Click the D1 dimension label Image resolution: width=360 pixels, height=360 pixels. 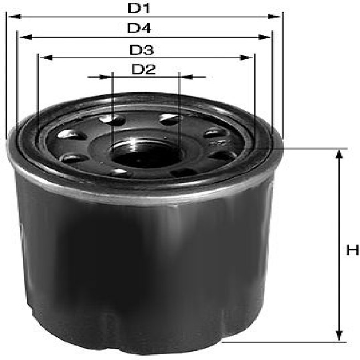coord(139,8)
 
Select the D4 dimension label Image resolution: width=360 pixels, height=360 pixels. coord(140,28)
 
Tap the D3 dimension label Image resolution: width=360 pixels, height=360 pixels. coord(141,50)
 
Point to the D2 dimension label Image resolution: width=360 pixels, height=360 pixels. coord(144,69)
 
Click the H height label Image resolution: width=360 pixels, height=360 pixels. coord(352,250)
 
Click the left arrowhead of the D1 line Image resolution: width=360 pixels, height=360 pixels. coord(15,17)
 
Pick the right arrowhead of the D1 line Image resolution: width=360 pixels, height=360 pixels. coord(274,17)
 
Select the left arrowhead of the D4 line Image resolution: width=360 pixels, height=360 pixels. coord(25,37)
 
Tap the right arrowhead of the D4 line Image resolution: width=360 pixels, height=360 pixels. coord(265,37)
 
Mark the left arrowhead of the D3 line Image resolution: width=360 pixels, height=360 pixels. coord(46,58)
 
